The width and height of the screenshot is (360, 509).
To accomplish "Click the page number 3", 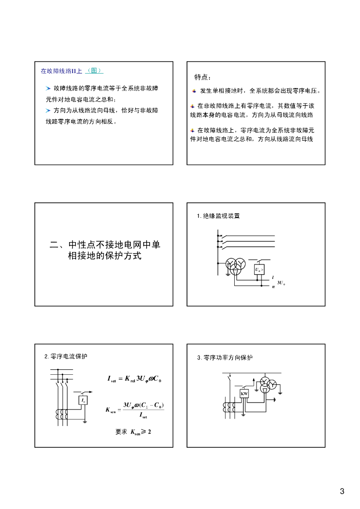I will [x=342, y=492].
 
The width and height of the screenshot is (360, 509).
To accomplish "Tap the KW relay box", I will [x=244, y=394].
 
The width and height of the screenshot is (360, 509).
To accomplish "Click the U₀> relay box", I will [x=259, y=270].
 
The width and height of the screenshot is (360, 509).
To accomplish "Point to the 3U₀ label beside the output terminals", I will [x=280, y=283].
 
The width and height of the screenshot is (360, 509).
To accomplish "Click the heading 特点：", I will [x=202, y=78].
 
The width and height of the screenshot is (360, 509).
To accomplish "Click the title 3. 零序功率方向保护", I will [x=225, y=358].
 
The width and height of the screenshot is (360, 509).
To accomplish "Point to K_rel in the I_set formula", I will [x=130, y=379].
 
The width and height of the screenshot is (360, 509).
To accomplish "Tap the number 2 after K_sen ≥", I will [x=149, y=431].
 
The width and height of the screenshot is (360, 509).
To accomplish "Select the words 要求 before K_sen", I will [x=121, y=431].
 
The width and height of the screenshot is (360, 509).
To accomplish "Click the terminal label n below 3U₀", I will [x=273, y=287].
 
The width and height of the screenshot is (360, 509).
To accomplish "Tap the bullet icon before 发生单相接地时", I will [x=194, y=91].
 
